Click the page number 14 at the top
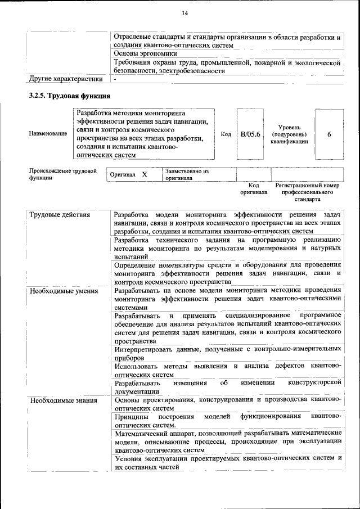pyautogui.click(x=184, y=13)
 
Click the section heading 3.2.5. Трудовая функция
pyautogui.click(x=65, y=96)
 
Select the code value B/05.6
pyautogui.click(x=250, y=134)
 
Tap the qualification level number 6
pyautogui.click(x=329, y=134)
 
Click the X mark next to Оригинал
pyautogui.click(x=145, y=175)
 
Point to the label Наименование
pyautogui.click(x=48, y=134)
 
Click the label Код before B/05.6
pyautogui.click(x=226, y=134)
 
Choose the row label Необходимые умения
pyautogui.click(x=63, y=291)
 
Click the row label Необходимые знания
pyautogui.click(x=62, y=400)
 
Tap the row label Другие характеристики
pyautogui.click(x=66, y=79)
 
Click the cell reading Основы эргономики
pyautogui.click(x=145, y=53)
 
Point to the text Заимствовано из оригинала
pyautogui.click(x=186, y=174)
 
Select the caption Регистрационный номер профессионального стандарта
pyautogui.click(x=307, y=192)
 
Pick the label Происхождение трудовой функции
pyautogui.click(x=62, y=174)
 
